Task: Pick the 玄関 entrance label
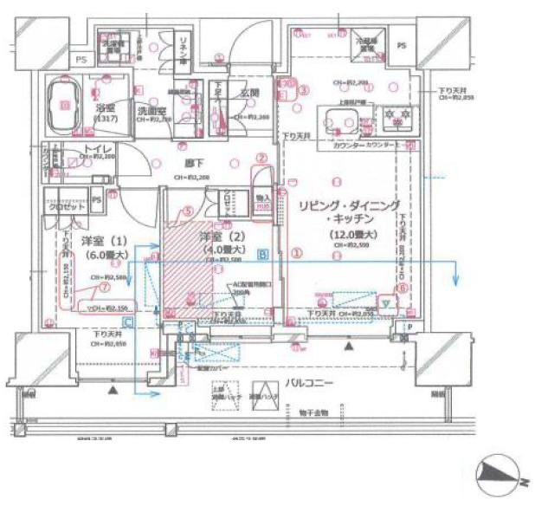point(251,94)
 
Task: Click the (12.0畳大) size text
point(351,235)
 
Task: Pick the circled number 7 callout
point(104,286)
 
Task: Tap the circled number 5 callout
point(187,211)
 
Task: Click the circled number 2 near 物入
point(261,158)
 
